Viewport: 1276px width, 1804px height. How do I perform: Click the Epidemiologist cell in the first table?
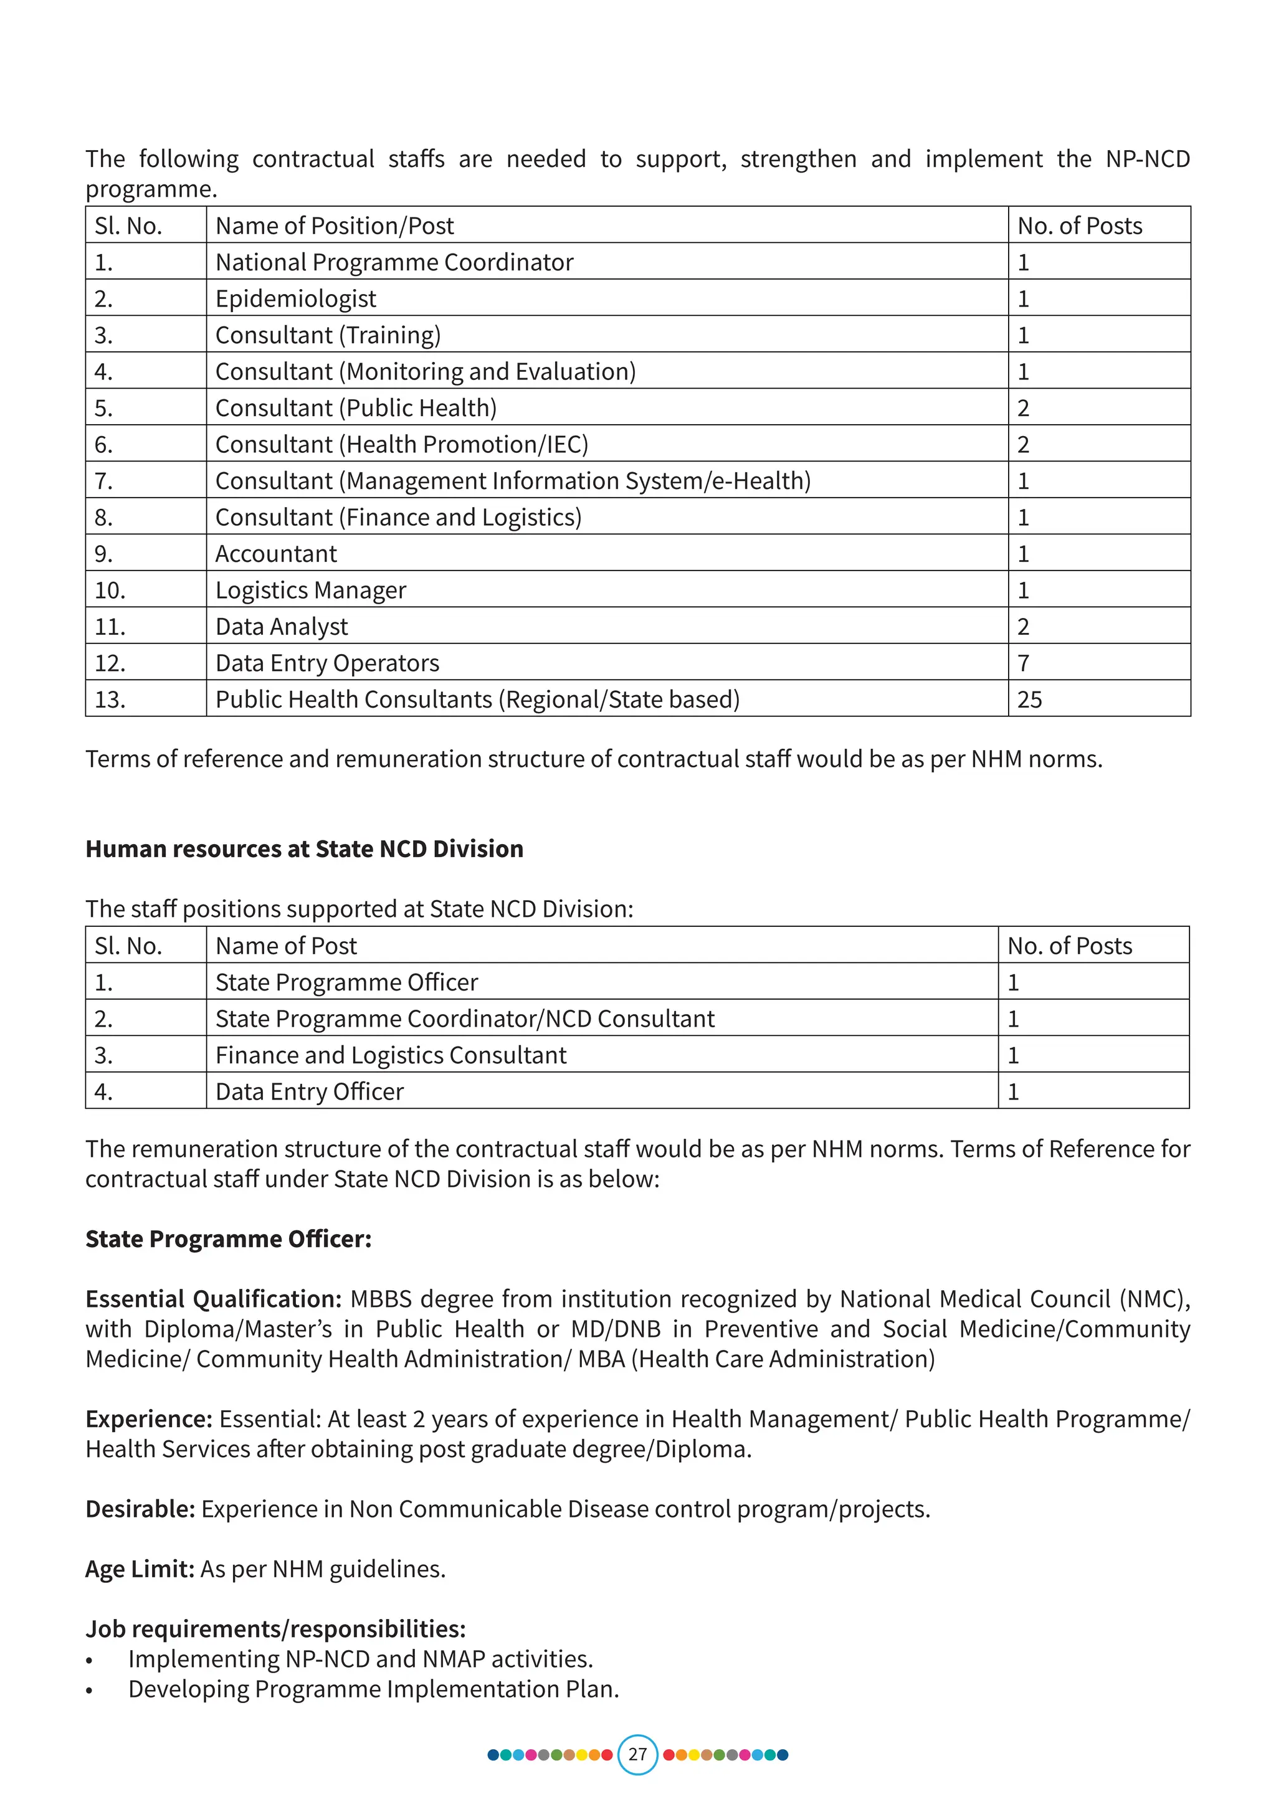tap(295, 298)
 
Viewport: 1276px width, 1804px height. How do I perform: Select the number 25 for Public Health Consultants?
tap(1029, 700)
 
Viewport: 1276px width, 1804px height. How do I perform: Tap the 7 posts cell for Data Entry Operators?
tap(1023, 663)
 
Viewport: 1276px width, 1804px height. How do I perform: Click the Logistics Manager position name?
tap(310, 590)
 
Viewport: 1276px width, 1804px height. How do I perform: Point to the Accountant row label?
tap(276, 554)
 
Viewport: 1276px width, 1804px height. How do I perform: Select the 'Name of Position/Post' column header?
tap(335, 226)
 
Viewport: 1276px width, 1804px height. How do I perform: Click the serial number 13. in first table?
tap(110, 700)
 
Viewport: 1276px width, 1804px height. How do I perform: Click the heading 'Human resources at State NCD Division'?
tap(304, 848)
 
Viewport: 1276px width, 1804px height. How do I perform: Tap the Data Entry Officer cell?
tap(310, 1091)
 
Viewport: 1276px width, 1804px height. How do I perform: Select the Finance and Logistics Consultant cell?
tap(391, 1055)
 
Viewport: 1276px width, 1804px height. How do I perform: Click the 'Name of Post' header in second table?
tap(286, 946)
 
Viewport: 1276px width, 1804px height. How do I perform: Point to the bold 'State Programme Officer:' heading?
tap(229, 1239)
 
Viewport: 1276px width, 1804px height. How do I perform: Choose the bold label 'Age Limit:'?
tap(140, 1569)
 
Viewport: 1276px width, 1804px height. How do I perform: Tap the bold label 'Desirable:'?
tap(140, 1509)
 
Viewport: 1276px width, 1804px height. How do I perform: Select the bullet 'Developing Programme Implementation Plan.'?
tap(373, 1689)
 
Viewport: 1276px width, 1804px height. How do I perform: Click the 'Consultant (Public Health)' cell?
tap(356, 408)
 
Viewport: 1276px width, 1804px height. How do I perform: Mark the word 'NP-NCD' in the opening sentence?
tap(1147, 159)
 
